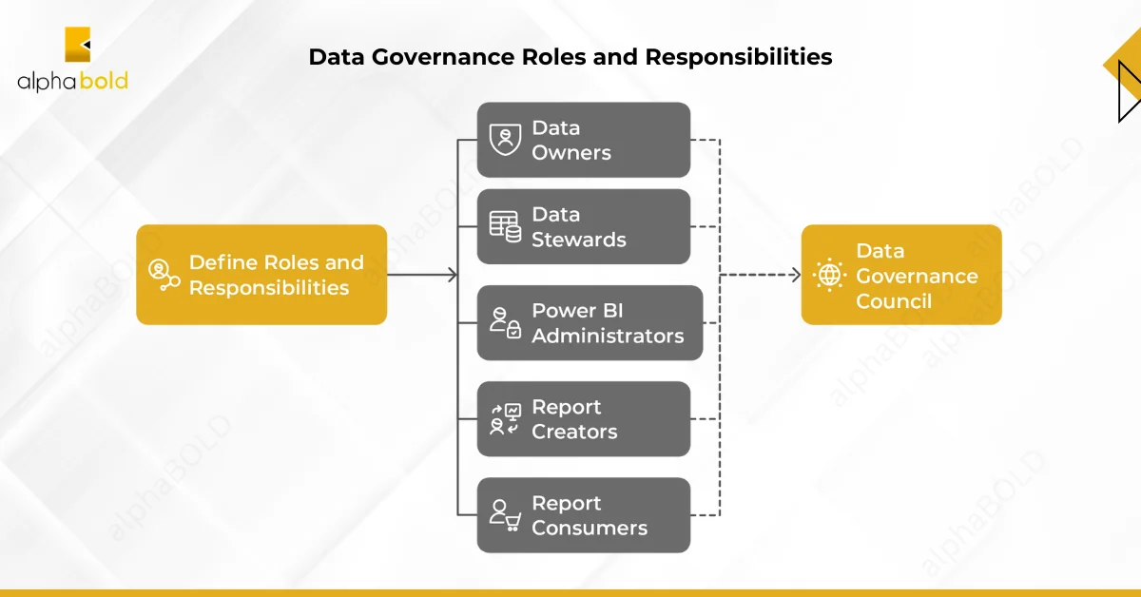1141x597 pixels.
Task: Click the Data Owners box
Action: [584, 140]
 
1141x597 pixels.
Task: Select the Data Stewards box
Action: [584, 226]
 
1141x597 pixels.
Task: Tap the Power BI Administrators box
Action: [590, 323]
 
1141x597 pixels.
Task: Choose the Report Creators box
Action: [584, 418]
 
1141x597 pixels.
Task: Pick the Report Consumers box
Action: [584, 515]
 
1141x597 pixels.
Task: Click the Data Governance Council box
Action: [901, 275]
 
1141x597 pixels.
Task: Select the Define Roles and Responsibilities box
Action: [261, 275]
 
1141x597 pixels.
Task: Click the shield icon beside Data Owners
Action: [505, 140]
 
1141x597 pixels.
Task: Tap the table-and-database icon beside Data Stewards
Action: [505, 226]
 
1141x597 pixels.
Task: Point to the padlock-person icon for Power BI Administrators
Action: [505, 323]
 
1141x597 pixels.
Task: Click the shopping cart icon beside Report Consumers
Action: [512, 522]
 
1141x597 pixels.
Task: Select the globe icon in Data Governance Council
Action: [829, 275]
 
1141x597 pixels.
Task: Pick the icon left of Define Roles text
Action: [164, 275]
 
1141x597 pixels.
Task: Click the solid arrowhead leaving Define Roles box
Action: [453, 275]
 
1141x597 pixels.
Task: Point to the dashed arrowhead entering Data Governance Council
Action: [796, 275]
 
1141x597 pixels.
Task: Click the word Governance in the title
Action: [443, 56]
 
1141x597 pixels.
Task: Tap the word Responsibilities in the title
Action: [739, 57]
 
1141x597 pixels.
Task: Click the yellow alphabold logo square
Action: [77, 45]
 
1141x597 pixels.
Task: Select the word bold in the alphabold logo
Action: [104, 81]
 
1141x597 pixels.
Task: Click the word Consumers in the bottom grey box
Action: [590, 529]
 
